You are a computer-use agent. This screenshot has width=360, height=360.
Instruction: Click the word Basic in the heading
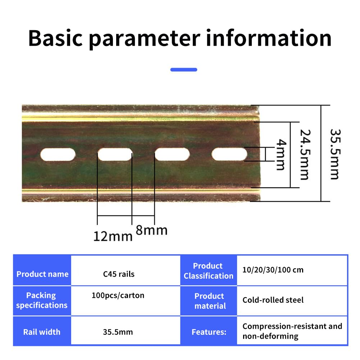(55, 38)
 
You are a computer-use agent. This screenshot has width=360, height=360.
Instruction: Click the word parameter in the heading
(145, 39)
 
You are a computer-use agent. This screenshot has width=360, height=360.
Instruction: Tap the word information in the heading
(269, 38)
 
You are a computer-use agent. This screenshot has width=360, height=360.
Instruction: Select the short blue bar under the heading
(184, 69)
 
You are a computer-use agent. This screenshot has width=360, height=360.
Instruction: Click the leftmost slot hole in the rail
(58, 154)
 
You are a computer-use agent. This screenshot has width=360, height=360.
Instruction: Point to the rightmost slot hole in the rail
(229, 154)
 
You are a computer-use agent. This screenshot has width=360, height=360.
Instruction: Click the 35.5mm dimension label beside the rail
(335, 154)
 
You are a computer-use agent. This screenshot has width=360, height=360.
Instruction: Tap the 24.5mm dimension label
(305, 155)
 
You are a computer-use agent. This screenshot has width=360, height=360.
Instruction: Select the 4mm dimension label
(281, 154)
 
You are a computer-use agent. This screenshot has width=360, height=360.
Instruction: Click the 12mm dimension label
(113, 236)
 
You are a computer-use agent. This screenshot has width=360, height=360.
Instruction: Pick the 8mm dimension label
(151, 230)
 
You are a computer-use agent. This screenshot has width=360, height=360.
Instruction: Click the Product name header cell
(42, 270)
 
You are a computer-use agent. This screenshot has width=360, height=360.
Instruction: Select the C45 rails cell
(126, 270)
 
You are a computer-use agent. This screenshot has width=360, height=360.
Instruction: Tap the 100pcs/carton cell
(126, 301)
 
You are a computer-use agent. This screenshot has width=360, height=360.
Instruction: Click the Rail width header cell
(42, 331)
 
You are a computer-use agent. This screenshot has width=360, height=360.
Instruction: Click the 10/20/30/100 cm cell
(292, 270)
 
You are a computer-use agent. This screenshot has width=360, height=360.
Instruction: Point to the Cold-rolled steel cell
(292, 301)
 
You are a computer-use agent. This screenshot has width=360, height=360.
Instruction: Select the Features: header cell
(209, 331)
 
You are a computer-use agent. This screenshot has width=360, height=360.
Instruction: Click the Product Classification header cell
(209, 270)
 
